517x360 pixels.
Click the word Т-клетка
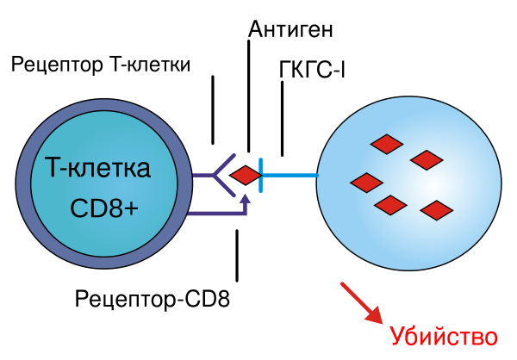[97, 169]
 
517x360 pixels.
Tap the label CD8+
[104, 209]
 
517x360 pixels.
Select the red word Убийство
[443, 337]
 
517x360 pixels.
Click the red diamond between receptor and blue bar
[245, 176]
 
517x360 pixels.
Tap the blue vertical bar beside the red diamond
[260, 175]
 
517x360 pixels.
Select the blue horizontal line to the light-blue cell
[290, 175]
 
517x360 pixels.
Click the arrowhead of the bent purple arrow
[245, 198]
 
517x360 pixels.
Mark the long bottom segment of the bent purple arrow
[215, 213]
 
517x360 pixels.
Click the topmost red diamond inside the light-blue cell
[386, 144]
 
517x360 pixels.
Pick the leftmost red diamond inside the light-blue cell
[366, 183]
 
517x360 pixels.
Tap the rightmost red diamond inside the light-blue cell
[436, 210]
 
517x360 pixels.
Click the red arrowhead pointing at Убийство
[375, 315]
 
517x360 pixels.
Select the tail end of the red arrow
[343, 284]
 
